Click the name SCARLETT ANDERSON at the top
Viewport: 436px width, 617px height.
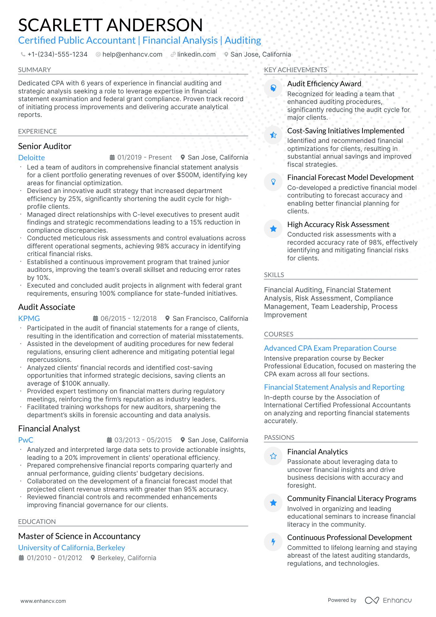tap(110, 25)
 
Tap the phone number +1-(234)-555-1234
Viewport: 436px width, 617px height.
tap(57, 54)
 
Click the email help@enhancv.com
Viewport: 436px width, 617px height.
tap(132, 54)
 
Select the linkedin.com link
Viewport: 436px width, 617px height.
tap(196, 54)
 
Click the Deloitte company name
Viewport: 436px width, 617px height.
tap(32, 158)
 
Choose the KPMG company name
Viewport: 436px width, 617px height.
tap(29, 319)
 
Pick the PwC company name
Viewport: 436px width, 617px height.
tap(26, 440)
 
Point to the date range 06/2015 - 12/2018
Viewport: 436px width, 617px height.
tap(128, 319)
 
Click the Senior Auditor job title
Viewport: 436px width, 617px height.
tap(45, 146)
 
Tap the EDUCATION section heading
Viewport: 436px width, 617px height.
tap(37, 522)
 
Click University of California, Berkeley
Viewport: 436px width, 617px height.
tap(71, 548)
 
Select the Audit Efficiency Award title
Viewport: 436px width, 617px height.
tap(324, 84)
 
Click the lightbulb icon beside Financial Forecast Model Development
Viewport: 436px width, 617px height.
tap(273, 182)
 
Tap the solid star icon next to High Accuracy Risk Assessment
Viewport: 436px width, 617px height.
tap(273, 229)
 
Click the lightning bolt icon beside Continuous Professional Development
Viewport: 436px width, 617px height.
tap(273, 542)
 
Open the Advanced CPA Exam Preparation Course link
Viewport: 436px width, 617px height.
tap(330, 348)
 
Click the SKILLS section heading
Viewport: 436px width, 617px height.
tap(274, 275)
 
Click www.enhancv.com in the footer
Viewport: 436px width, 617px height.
tap(43, 601)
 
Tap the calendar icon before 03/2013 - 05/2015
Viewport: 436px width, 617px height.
tap(109, 440)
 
